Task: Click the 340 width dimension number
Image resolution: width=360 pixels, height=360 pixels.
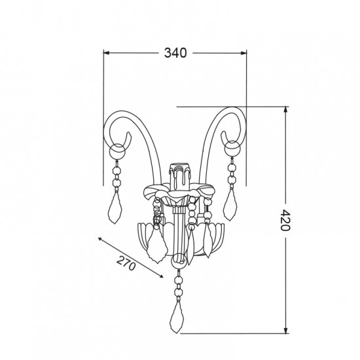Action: pos(175,53)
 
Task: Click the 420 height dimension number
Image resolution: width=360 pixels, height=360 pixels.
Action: pos(285,220)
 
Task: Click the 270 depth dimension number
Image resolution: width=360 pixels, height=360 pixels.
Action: pos(126,263)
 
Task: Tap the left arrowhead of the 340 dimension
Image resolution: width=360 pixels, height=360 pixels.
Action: pos(106,53)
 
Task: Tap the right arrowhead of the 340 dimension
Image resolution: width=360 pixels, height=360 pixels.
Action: pos(244,53)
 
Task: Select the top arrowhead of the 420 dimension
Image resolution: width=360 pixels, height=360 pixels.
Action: pos(285,109)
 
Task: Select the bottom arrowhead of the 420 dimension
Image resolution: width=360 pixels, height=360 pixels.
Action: pos(285,331)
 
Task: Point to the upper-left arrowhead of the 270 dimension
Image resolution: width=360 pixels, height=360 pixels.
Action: pos(100,239)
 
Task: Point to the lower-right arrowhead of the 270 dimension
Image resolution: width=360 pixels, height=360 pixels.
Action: pos(161,276)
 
